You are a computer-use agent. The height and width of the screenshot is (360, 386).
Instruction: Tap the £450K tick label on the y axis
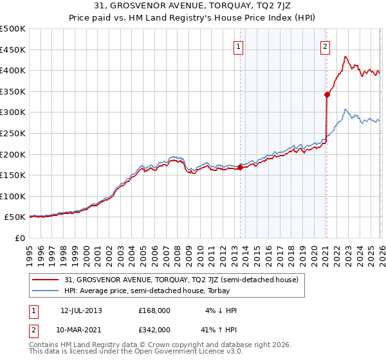click(x=13, y=50)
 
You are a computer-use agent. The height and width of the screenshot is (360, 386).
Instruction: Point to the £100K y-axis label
click(x=13, y=196)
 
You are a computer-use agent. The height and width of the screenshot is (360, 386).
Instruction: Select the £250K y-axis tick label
click(x=13, y=133)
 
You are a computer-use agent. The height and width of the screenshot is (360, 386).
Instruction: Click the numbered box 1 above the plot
click(x=239, y=46)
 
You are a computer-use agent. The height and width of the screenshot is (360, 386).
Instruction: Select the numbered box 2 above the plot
click(x=326, y=46)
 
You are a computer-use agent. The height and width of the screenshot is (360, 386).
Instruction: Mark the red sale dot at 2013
click(x=240, y=167)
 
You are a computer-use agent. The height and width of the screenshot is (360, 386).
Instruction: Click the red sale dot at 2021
click(x=327, y=94)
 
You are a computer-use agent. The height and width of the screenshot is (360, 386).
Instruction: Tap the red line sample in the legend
click(x=46, y=280)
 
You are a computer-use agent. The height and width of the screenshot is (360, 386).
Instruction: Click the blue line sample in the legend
click(x=46, y=291)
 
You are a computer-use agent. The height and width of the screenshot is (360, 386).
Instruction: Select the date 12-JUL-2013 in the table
click(x=81, y=310)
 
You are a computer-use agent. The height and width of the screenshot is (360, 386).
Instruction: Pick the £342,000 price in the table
click(x=154, y=329)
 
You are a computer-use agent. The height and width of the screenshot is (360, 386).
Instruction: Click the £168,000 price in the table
click(x=154, y=310)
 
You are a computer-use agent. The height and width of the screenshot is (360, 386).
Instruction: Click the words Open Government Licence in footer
click(x=181, y=352)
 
